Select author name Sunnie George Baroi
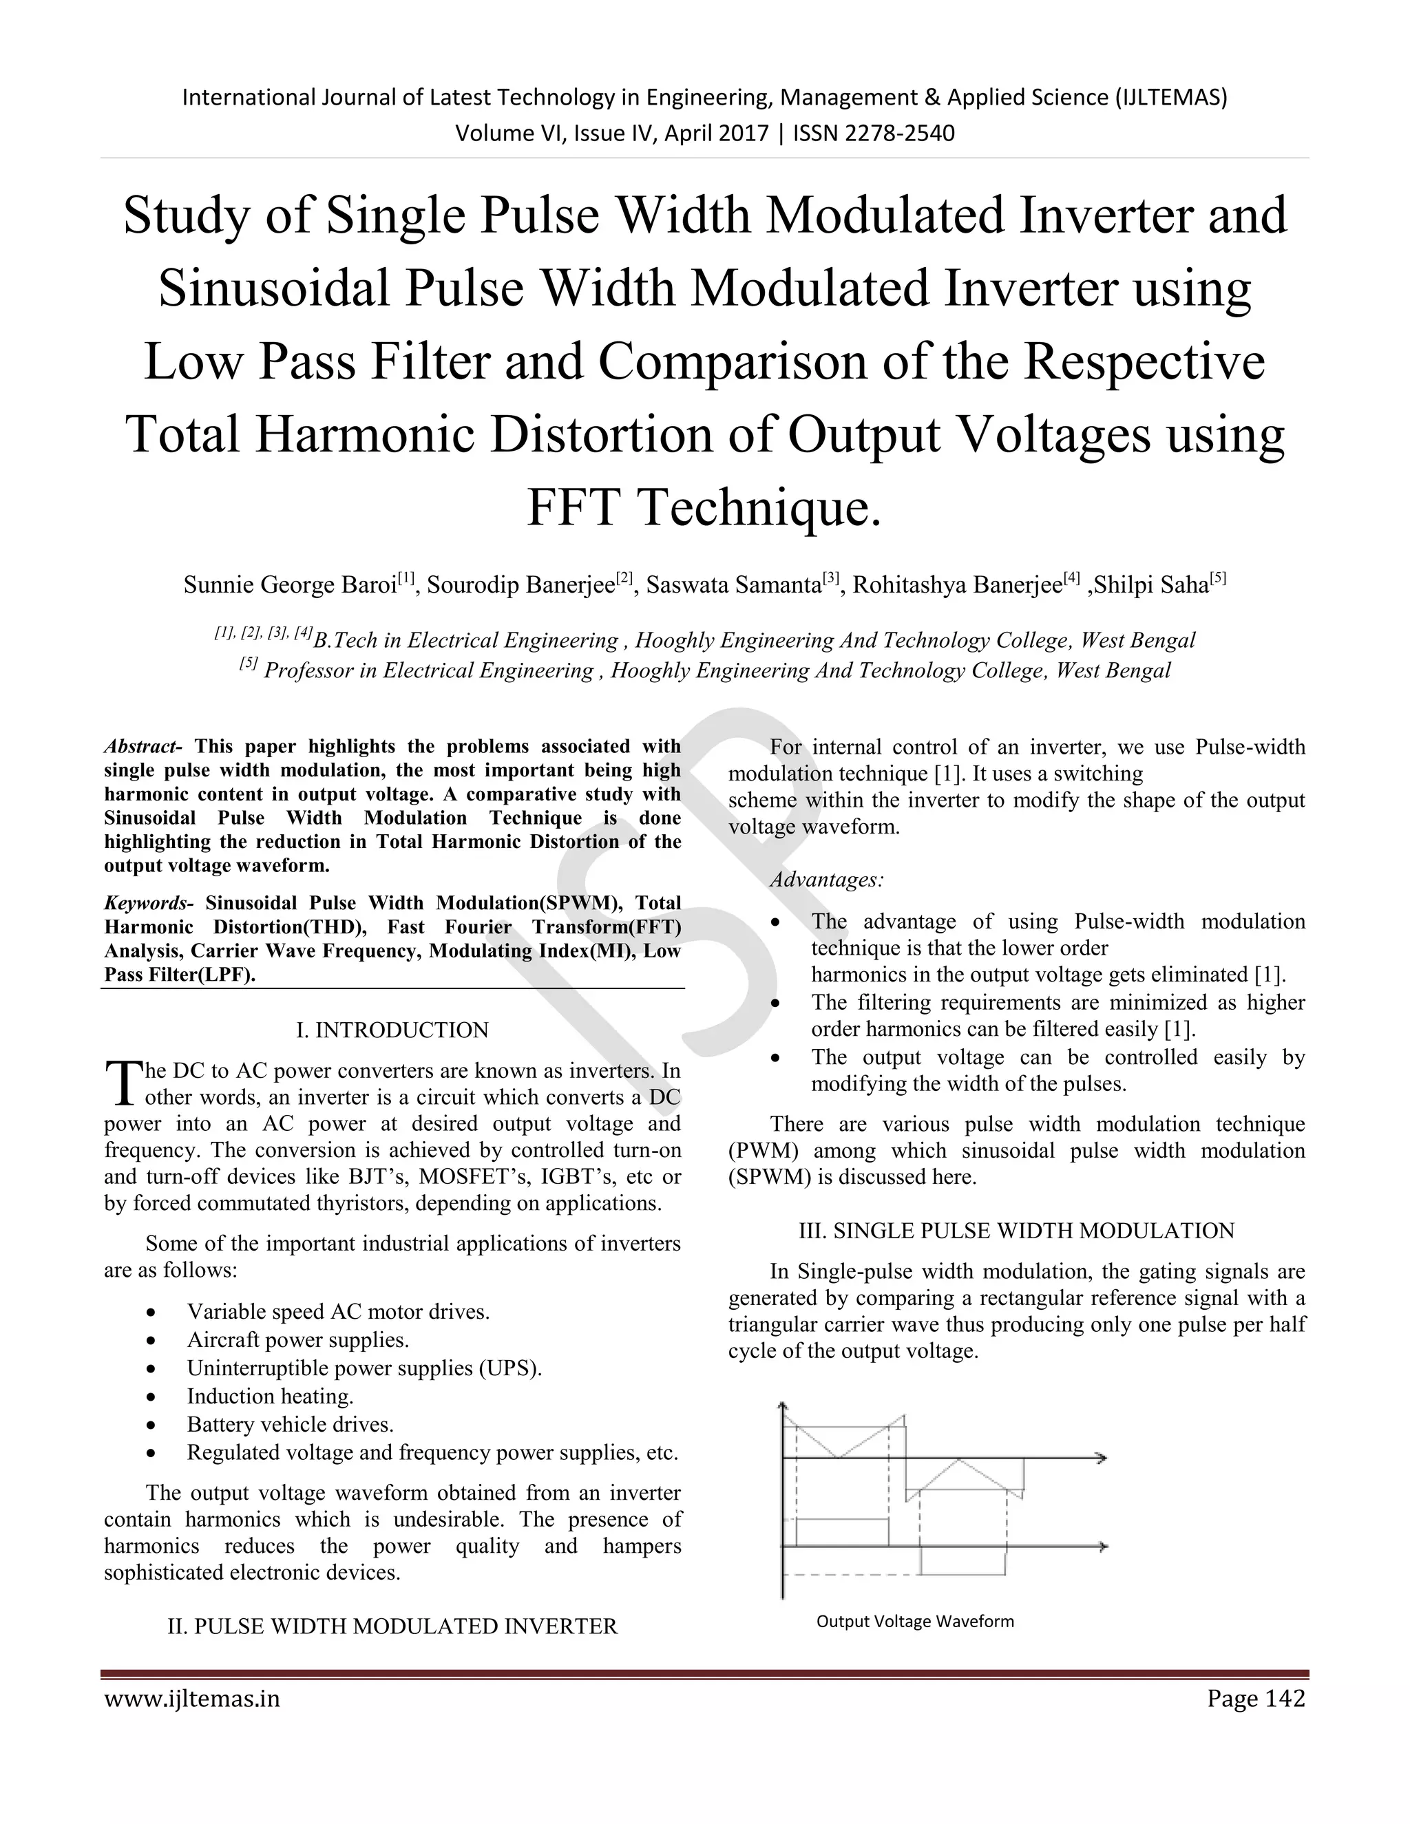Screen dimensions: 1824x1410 click(290, 584)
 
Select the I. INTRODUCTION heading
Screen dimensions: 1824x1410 click(392, 1030)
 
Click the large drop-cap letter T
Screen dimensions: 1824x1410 click(122, 1083)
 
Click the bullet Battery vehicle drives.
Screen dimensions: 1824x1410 click(290, 1424)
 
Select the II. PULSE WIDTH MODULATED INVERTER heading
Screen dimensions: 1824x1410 click(392, 1626)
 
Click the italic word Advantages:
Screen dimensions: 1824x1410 click(827, 880)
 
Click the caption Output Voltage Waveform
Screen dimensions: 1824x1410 click(915, 1621)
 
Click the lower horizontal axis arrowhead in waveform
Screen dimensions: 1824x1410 click(1103, 1547)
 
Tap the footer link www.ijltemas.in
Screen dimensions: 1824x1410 click(192, 1699)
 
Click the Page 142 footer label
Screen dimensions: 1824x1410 click(1256, 1699)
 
